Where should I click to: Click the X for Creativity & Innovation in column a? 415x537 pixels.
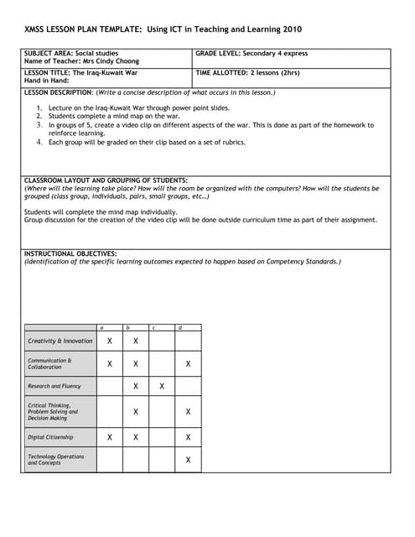point(110,341)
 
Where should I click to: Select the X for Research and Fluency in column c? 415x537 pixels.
point(162,386)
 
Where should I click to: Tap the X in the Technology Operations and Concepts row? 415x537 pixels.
point(188,460)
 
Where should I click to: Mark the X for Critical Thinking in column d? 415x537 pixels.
point(188,412)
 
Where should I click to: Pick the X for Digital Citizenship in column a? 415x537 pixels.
point(110,437)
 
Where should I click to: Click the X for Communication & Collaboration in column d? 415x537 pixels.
point(188,364)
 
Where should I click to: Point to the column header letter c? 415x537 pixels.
point(153,326)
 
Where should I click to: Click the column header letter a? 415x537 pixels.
point(101,326)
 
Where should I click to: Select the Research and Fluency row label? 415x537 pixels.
point(54,386)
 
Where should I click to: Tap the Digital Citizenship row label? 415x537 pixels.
point(50,437)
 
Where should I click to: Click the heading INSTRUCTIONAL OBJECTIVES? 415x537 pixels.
point(70,253)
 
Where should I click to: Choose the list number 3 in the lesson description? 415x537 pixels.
point(39,125)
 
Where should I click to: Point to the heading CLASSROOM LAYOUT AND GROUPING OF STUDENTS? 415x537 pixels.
point(106,180)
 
